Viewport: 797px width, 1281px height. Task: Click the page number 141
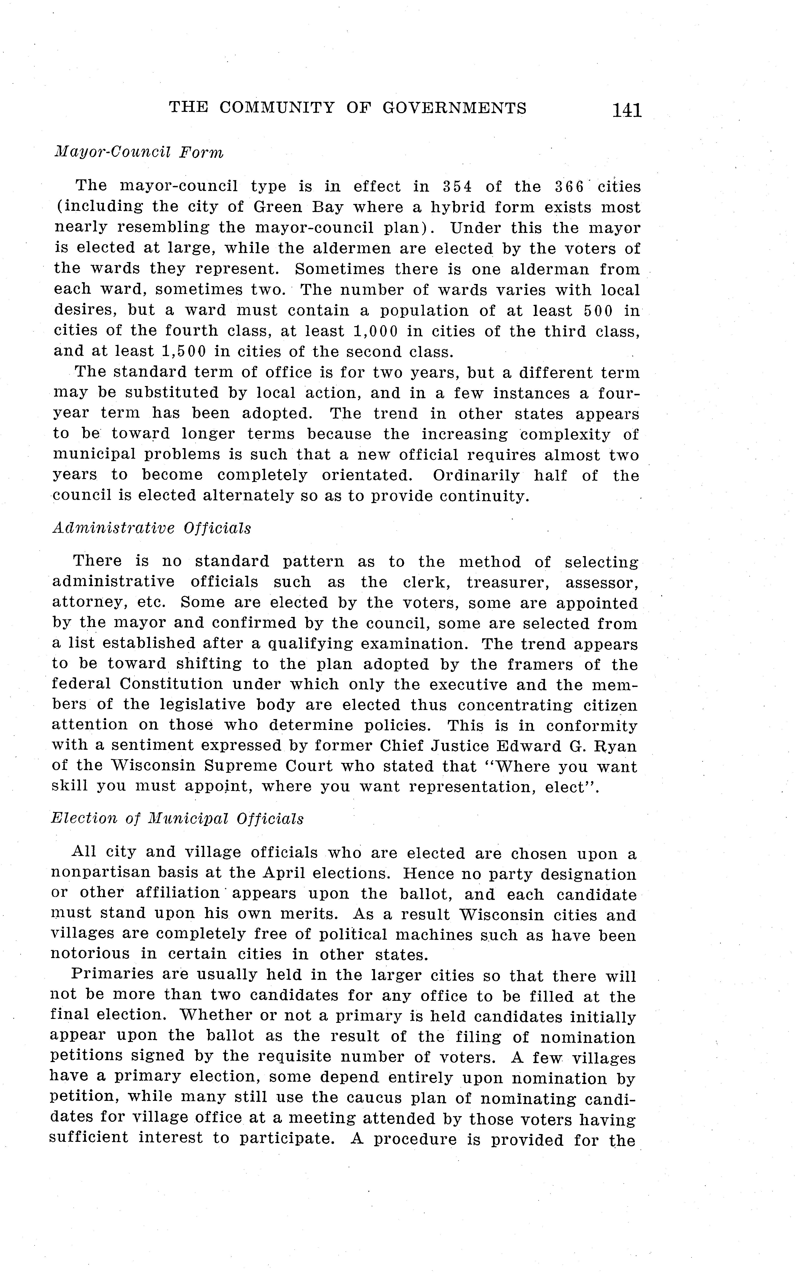click(x=627, y=110)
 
